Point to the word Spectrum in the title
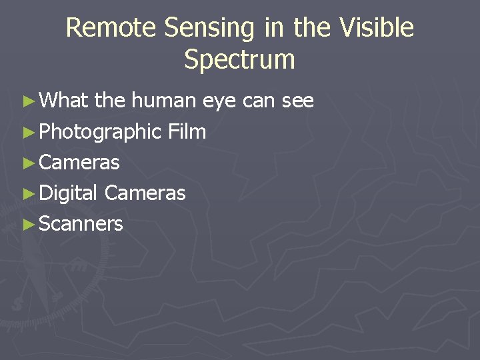(239, 59)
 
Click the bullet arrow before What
(27, 102)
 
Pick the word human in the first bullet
(163, 101)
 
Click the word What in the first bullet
(64, 101)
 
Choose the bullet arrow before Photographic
(27, 133)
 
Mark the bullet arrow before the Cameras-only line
(27, 163)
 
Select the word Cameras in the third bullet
(79, 163)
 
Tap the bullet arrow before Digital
(27, 194)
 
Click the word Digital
(69, 194)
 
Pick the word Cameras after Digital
(145, 193)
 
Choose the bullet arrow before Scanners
(27, 225)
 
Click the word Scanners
(81, 224)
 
